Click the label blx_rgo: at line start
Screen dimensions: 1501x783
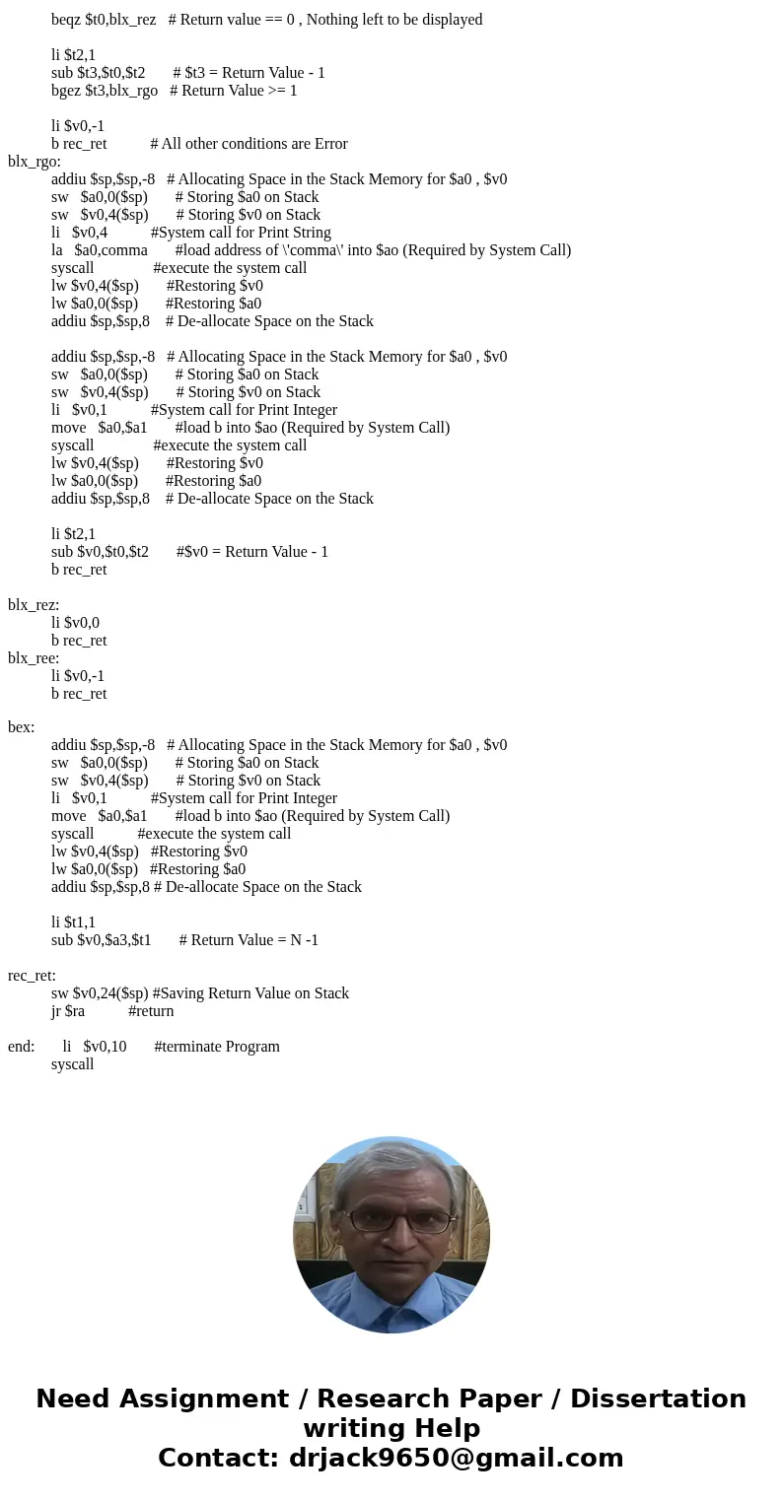click(35, 162)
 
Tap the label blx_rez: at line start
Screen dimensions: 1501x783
click(34, 605)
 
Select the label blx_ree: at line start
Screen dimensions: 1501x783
click(34, 658)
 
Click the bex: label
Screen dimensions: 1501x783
click(22, 727)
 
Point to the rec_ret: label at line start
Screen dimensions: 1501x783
click(32, 976)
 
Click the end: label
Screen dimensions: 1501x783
click(21, 1047)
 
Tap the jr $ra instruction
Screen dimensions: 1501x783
click(68, 1011)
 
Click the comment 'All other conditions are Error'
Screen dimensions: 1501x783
click(249, 144)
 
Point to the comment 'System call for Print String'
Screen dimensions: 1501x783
click(241, 233)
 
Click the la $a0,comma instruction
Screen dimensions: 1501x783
click(99, 250)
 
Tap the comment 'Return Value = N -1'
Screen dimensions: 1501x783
click(249, 940)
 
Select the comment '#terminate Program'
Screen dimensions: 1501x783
click(217, 1047)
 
